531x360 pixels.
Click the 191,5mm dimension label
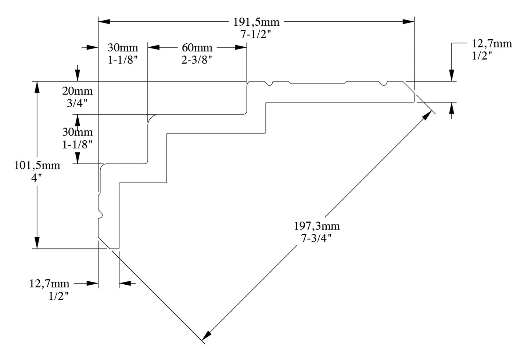point(256,22)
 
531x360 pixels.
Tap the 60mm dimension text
point(197,48)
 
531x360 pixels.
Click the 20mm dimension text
point(77,91)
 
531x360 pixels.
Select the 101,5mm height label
point(37,165)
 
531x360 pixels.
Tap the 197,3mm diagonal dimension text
point(317,226)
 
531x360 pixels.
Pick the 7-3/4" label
point(317,238)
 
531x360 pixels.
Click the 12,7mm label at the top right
point(492,44)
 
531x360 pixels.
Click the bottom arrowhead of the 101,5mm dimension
point(37,243)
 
